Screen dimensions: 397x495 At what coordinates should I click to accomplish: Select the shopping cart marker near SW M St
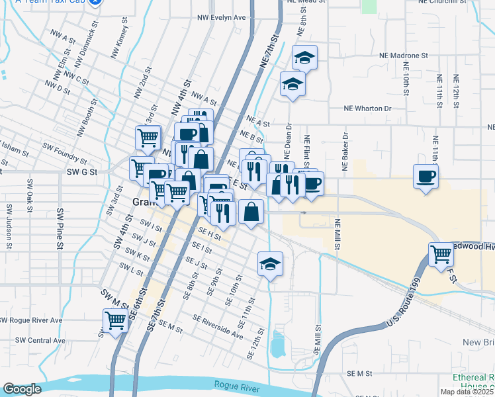click(116, 321)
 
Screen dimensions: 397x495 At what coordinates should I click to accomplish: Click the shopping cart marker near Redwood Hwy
click(441, 254)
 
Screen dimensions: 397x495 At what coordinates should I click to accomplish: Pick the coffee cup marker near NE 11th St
click(425, 176)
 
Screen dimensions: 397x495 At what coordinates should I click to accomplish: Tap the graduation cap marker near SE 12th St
click(270, 263)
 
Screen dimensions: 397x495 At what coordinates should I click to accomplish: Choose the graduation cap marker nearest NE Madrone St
click(304, 58)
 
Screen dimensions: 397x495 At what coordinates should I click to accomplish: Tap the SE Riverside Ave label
click(218, 326)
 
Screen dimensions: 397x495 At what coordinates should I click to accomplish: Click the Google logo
click(22, 389)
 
